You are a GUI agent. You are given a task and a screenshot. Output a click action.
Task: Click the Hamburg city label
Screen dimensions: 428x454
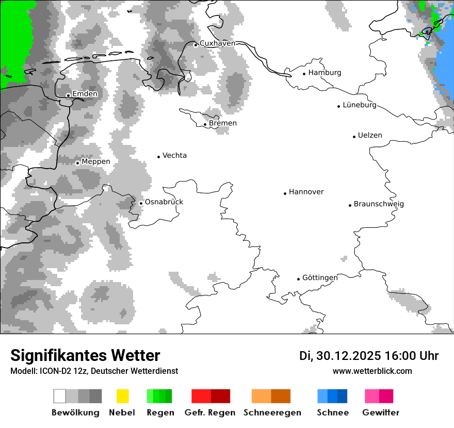point(325,73)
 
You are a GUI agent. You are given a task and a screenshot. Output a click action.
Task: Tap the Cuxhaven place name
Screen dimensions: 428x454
point(217,43)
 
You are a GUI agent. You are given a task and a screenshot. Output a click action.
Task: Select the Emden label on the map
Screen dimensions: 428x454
point(85,94)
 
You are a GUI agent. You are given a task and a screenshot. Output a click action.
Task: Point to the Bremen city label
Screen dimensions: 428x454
point(223,123)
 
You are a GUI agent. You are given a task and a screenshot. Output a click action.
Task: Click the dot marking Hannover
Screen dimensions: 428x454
point(285,193)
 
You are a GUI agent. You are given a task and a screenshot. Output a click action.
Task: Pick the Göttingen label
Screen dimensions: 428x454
point(320,278)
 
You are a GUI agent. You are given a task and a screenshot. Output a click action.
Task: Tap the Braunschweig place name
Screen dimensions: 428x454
point(379,204)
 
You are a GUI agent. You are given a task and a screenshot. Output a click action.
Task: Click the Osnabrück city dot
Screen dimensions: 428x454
point(141,203)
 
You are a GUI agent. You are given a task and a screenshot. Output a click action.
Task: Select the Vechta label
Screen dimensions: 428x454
point(174,156)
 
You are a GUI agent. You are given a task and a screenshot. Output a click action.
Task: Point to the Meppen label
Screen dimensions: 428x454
point(96,162)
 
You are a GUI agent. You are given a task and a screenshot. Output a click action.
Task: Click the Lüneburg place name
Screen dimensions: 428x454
point(360,105)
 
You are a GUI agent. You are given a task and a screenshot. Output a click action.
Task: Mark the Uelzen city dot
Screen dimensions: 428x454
point(354,137)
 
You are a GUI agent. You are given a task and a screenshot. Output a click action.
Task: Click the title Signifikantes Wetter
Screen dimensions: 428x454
point(85,355)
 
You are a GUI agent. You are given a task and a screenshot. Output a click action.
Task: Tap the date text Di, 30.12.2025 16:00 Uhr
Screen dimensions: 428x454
point(369,356)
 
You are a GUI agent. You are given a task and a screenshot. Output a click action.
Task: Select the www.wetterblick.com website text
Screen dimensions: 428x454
point(372,371)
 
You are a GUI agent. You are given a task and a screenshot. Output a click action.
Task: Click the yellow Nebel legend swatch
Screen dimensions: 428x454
point(122,396)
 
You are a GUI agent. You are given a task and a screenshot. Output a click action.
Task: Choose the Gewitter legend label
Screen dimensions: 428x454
point(380,413)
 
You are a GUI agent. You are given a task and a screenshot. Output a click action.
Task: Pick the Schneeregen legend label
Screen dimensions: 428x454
point(272,413)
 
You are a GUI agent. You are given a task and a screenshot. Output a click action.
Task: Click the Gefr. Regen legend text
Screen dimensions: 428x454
point(210,413)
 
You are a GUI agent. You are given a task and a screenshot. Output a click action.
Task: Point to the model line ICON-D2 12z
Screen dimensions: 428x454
point(94,371)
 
